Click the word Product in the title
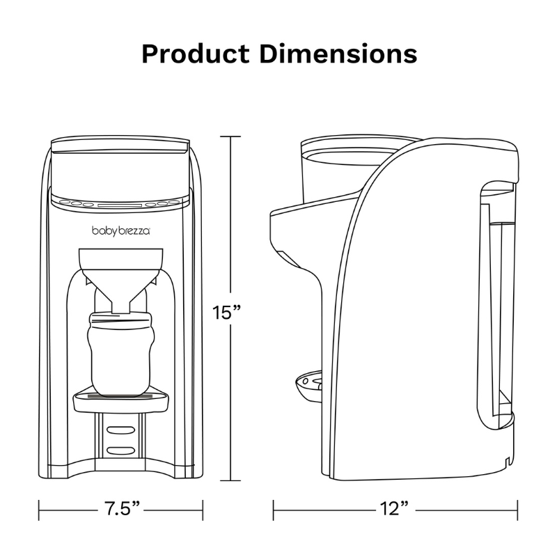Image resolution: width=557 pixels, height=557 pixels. tap(196, 54)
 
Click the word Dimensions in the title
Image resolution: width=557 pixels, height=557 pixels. tap(338, 54)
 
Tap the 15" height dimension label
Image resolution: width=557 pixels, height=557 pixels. tap(227, 313)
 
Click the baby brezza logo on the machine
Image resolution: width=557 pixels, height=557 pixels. tap(121, 231)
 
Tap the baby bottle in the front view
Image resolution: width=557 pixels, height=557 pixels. tap(121, 354)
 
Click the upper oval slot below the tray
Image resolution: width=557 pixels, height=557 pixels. tap(121, 430)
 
